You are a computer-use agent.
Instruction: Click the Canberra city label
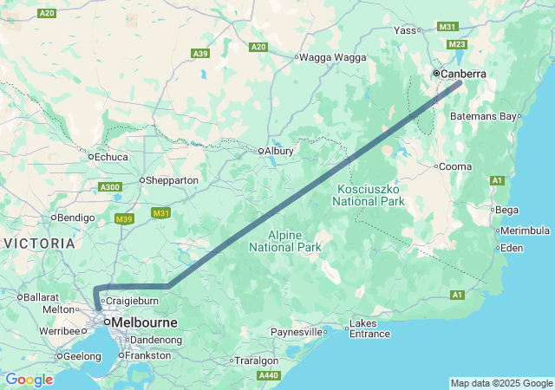pyautogui.click(x=463, y=75)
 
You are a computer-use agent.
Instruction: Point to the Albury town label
pyautogui.click(x=279, y=151)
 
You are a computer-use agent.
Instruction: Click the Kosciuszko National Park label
pyautogui.click(x=369, y=195)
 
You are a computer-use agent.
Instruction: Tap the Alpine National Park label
pyautogui.click(x=285, y=241)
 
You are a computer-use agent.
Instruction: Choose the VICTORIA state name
pyautogui.click(x=39, y=244)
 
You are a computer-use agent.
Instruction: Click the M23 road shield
pyautogui.click(x=458, y=44)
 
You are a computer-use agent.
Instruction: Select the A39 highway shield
pyautogui.click(x=200, y=54)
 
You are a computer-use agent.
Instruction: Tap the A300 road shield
pyautogui.click(x=111, y=187)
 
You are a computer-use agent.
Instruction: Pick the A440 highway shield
pyautogui.click(x=269, y=375)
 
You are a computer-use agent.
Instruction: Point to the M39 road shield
pyautogui.click(x=124, y=219)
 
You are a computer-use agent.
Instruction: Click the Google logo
pyautogui.click(x=29, y=380)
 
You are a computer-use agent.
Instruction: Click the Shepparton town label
pyautogui.click(x=173, y=180)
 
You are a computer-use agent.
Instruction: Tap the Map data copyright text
pyautogui.click(x=501, y=383)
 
